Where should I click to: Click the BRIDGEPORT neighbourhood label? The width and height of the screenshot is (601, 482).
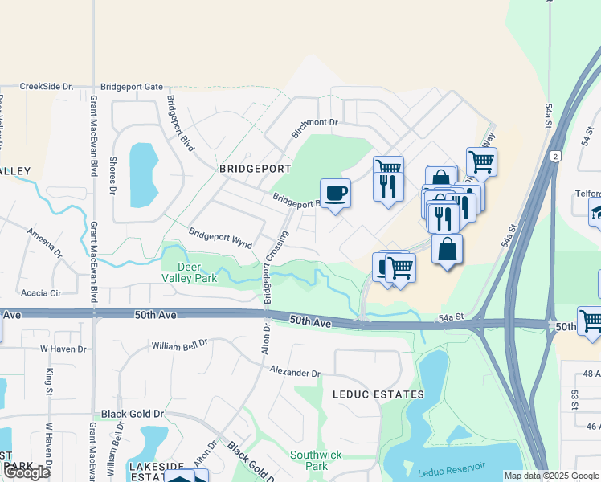coord(255,170)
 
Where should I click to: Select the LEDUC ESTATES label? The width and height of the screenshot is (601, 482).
coord(378,394)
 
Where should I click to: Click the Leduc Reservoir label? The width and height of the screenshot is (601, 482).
coord(452,468)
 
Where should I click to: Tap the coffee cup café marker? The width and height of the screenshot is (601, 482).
coord(336,193)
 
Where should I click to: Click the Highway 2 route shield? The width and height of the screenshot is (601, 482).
coord(556,157)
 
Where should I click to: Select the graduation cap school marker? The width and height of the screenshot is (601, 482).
coord(596,213)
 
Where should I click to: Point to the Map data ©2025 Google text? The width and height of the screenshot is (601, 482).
coord(551,476)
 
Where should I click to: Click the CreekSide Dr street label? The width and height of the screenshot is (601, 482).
coord(46,86)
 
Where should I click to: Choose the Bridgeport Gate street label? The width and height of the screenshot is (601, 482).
coord(132,87)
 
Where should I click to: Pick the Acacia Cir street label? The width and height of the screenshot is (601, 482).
coord(41,293)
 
